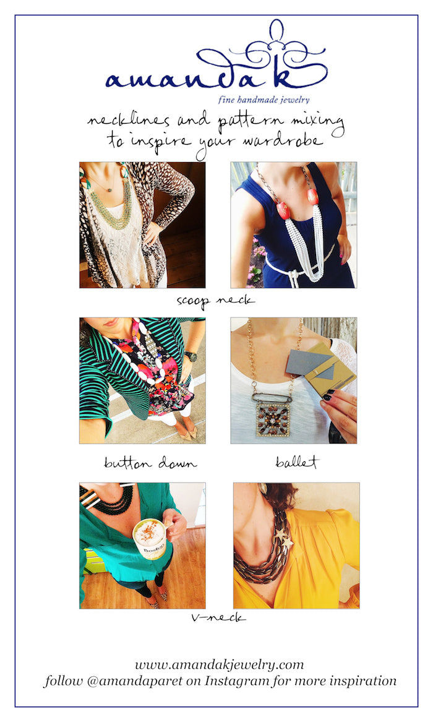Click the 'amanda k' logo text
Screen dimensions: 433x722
point(216,69)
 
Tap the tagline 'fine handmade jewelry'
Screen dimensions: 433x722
point(264,100)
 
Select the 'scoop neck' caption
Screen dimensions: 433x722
point(215,301)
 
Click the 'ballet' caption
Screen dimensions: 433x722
point(297,461)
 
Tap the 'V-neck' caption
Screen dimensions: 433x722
point(218,617)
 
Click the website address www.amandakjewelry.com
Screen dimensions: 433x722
point(220,664)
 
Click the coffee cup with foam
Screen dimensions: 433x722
point(149,539)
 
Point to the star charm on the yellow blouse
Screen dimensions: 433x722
point(282,541)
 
